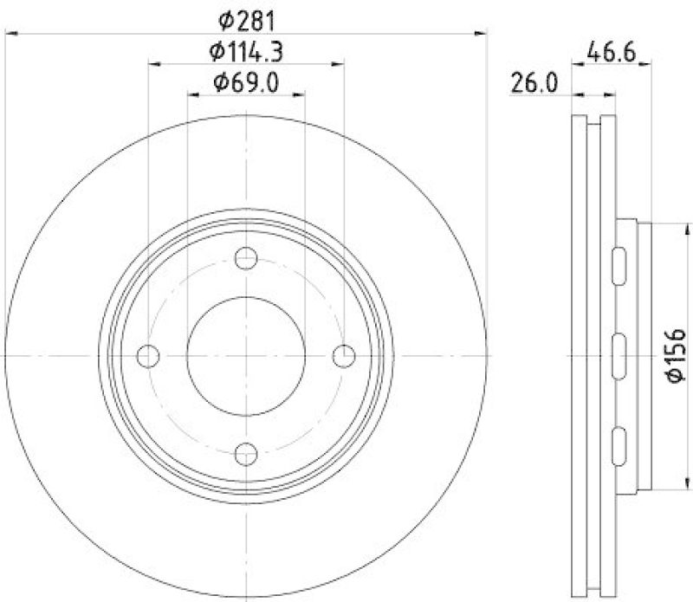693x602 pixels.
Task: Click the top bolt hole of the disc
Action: click(247, 257)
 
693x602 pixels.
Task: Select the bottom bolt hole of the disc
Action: click(247, 452)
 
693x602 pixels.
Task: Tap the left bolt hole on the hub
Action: click(149, 355)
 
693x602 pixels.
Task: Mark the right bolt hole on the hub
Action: click(345, 355)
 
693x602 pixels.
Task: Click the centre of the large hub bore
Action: click(247, 355)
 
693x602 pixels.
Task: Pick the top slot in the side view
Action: click(620, 264)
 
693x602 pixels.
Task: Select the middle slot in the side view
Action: click(620, 355)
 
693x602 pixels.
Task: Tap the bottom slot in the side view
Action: click(620, 445)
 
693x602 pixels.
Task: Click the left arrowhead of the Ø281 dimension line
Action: click(10, 33)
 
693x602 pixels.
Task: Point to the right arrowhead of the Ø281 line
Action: click(483, 33)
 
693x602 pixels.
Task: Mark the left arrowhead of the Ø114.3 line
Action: click(153, 63)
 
